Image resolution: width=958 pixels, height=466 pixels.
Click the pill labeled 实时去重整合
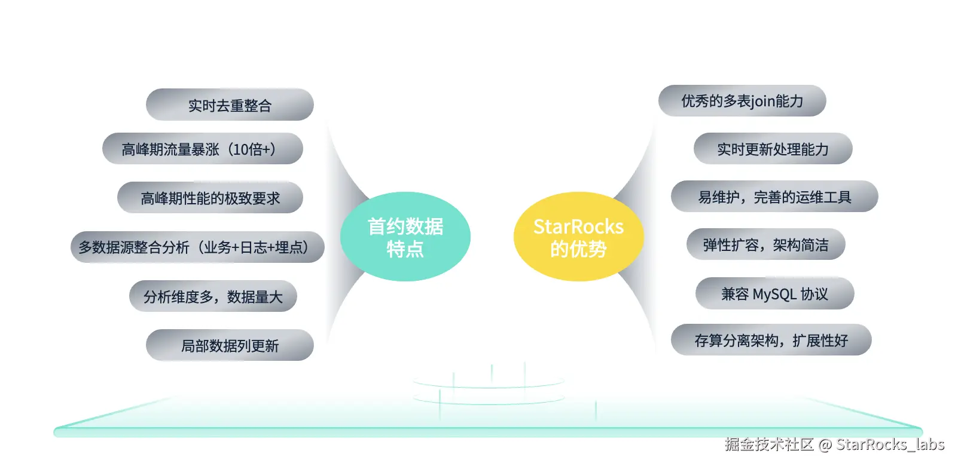(x=230, y=105)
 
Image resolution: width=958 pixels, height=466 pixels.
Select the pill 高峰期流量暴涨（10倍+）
(x=202, y=149)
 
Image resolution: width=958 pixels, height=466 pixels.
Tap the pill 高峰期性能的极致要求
(x=210, y=198)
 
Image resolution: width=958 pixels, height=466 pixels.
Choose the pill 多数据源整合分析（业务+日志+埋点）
(x=197, y=247)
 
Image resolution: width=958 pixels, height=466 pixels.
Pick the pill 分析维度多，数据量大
(x=213, y=296)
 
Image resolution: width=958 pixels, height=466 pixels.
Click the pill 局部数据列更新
(x=230, y=345)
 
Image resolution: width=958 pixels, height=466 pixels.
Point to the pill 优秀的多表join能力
(x=742, y=101)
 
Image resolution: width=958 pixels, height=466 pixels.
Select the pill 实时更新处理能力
(x=773, y=149)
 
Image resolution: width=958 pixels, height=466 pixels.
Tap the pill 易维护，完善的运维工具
(x=774, y=197)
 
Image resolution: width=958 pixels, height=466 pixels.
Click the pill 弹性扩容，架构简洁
(x=765, y=244)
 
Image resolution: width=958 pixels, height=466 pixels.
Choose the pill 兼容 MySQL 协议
(x=774, y=293)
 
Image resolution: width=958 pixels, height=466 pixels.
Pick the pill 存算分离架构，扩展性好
(x=771, y=340)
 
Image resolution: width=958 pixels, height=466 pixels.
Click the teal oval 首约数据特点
(x=405, y=237)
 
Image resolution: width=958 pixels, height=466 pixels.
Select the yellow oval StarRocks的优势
(x=578, y=237)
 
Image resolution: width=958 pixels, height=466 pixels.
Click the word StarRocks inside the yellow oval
(x=578, y=226)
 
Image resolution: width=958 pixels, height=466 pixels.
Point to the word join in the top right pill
(x=762, y=101)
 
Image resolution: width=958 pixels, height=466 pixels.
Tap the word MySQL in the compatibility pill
(x=774, y=294)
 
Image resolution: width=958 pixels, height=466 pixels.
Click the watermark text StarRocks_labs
(x=890, y=444)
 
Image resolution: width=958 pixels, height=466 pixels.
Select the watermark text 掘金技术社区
(x=769, y=444)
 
